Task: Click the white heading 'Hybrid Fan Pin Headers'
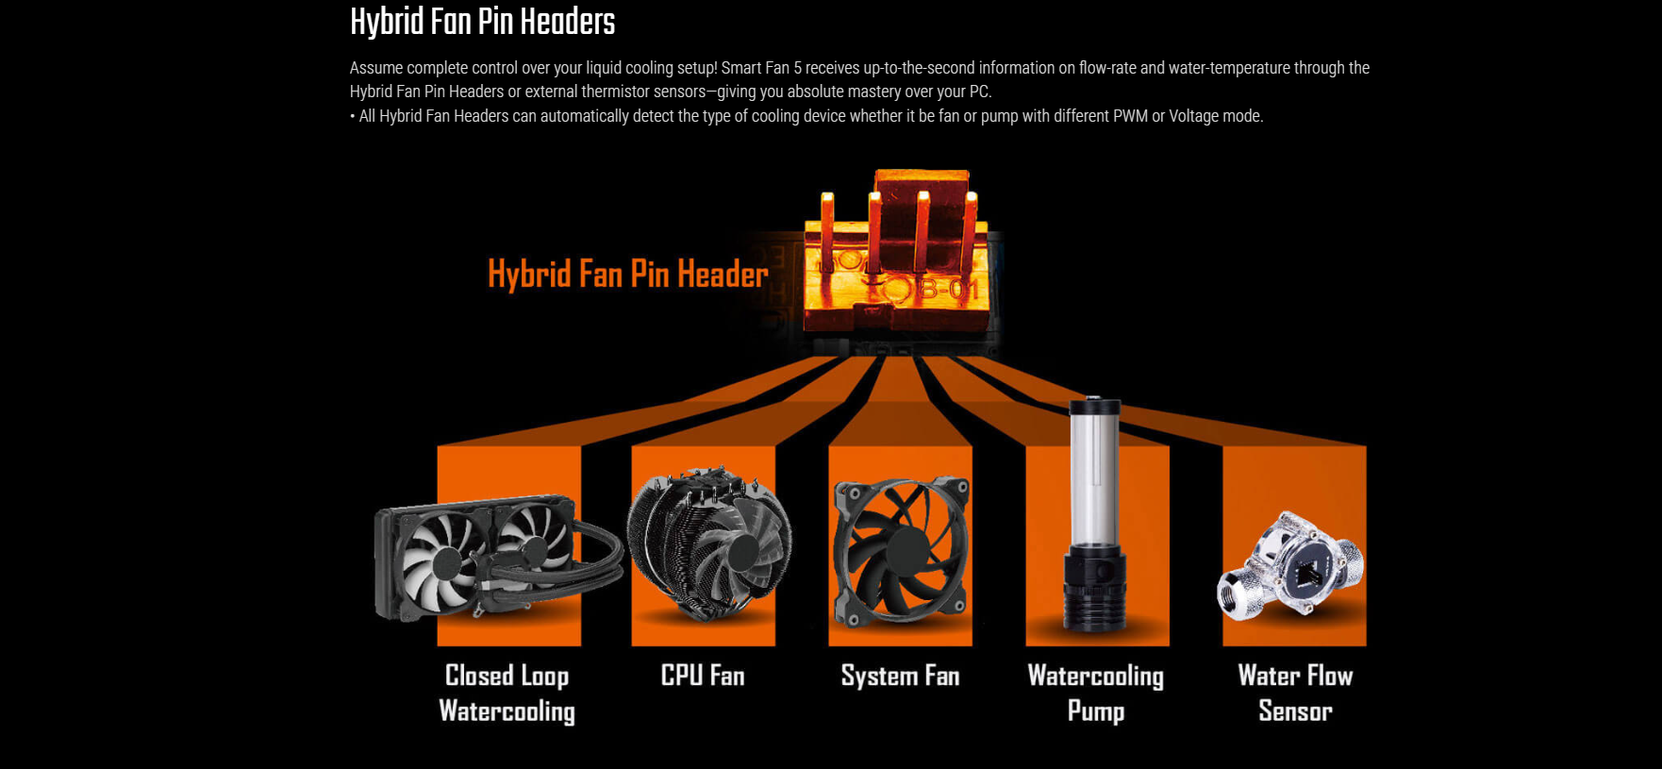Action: pos(482,22)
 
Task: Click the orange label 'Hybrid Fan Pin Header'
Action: pos(628,274)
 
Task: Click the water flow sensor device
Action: pos(1290,566)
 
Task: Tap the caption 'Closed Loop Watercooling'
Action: pos(507,693)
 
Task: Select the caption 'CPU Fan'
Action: pos(703,676)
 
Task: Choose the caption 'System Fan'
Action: pos(900,676)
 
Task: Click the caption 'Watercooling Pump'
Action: pos(1095,693)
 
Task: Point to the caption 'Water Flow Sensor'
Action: pos(1295,693)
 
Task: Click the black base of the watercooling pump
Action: pos(1094,589)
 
